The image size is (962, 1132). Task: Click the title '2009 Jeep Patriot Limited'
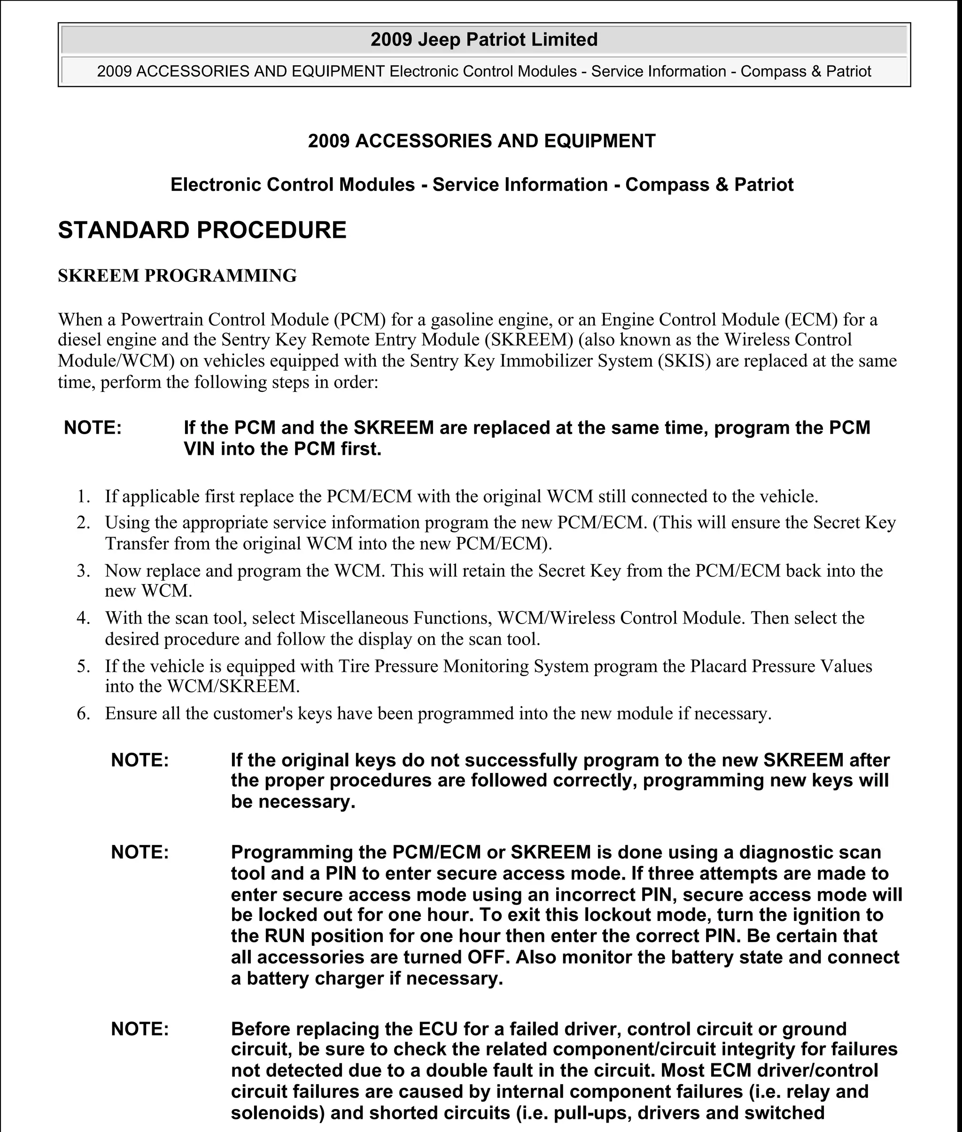point(484,40)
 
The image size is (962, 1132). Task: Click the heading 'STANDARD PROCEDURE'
point(202,230)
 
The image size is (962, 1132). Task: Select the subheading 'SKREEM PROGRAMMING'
point(177,276)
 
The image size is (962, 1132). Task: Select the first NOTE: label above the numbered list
point(93,428)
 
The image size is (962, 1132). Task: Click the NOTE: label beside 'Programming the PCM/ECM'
point(140,852)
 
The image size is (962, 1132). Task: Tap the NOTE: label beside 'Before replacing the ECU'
point(140,1029)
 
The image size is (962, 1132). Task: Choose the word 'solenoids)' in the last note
point(278,1113)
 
